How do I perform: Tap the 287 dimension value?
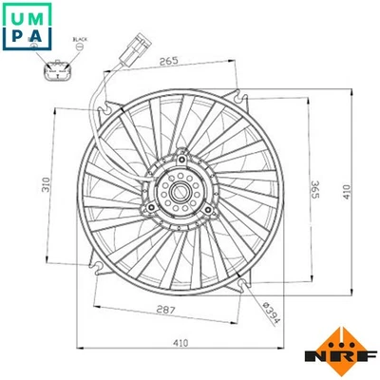(166, 312)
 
